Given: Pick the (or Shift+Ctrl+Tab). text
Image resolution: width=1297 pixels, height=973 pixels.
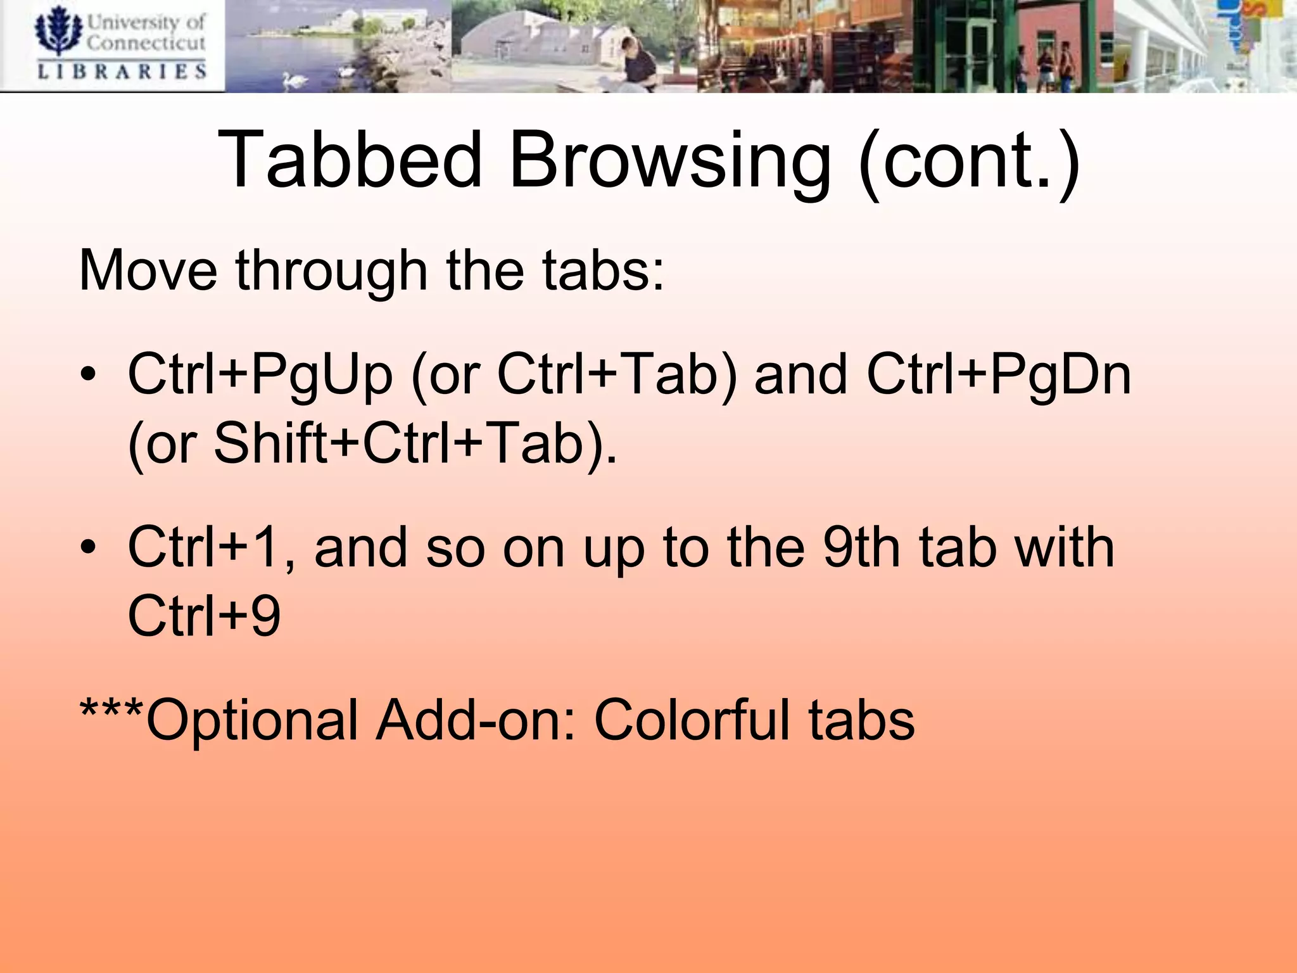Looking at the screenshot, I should coord(372,443).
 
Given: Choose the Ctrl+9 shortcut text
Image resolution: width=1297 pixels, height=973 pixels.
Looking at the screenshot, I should coord(204,616).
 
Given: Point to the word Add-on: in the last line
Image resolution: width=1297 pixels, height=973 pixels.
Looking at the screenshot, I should coord(476,720).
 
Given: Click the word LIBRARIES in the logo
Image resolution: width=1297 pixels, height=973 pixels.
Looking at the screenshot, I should coord(122,71).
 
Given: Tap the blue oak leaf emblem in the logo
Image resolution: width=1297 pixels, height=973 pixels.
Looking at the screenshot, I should coord(58,30).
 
